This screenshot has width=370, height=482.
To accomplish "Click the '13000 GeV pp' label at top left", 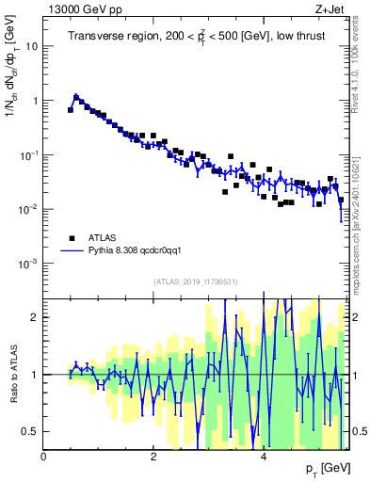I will pos(79,9).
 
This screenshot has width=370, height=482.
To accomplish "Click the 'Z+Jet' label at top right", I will pos(330,9).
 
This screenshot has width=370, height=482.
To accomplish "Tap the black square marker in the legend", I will pos(71,238).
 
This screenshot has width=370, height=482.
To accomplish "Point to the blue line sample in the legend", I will pos(71,251).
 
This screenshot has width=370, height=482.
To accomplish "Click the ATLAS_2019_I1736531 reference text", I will pos(196,281).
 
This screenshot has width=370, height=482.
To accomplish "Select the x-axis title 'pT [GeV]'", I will pos(327,468).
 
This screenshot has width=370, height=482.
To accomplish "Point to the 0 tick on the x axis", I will pos(44,457).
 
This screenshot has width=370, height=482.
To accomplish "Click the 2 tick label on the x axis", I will pos(153,457).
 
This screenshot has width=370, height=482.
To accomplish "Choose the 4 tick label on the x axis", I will pos(263,457).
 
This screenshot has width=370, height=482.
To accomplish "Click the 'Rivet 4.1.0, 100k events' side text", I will pos(358,56).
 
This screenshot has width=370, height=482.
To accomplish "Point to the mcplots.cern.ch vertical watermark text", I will pos(358,207).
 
